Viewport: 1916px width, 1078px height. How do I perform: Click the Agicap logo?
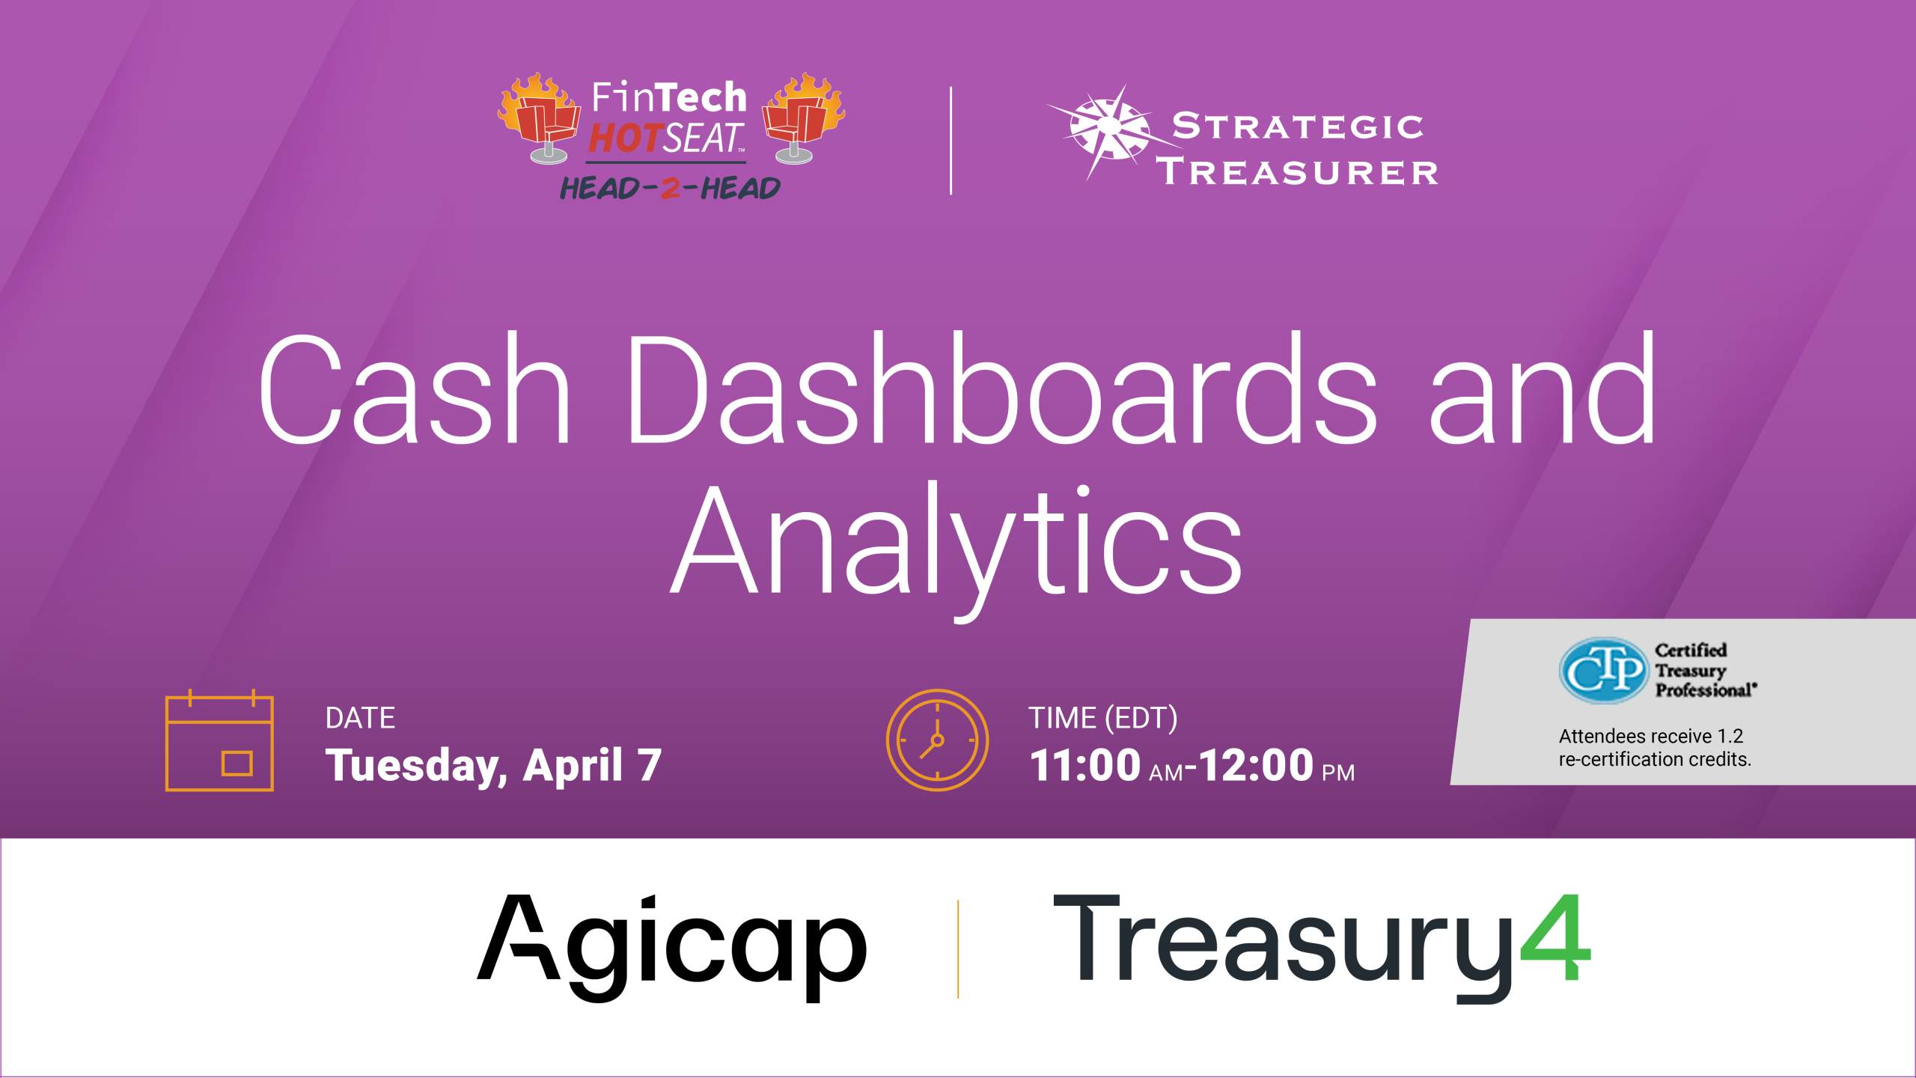coord(672,947)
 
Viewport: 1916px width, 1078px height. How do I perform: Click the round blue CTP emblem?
coord(1604,671)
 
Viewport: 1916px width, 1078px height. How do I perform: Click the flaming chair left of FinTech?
coord(540,118)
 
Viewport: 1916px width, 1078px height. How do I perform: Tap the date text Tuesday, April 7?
coord(494,766)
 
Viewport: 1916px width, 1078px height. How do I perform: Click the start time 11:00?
coord(1085,765)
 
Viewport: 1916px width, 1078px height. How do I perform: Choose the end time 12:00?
coord(1257,765)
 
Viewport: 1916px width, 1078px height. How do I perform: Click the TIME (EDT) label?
coord(1102,718)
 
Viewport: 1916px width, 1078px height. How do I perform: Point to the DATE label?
coord(360,718)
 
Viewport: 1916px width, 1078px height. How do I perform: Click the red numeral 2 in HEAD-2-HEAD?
coord(671,188)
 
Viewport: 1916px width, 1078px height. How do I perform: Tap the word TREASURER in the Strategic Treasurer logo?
coord(1297,172)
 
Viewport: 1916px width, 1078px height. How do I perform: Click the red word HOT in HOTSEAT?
coord(626,138)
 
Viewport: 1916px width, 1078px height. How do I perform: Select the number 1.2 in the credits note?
coord(1730,736)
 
